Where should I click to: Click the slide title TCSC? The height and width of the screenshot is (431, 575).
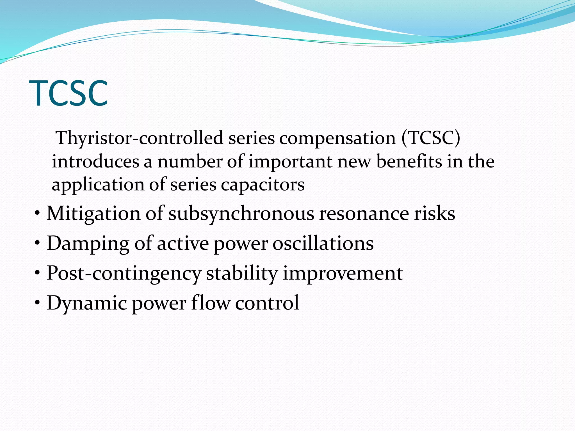coord(69,93)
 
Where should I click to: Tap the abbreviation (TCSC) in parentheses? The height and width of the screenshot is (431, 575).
coord(431,138)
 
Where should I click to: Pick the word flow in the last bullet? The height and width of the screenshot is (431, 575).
coord(211,303)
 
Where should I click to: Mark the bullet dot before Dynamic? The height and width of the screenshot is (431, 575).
coord(38,303)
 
